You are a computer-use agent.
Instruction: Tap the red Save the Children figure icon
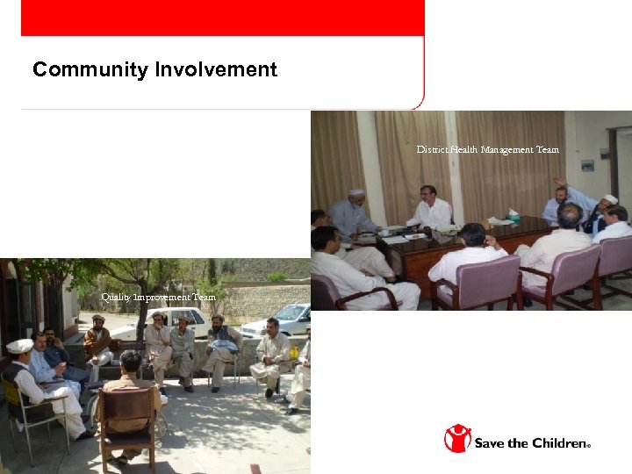point(456,438)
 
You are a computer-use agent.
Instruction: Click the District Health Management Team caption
point(487,150)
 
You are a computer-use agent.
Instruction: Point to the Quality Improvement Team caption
point(158,298)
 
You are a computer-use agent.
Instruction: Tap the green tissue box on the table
point(513,215)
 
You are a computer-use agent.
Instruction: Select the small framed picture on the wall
point(587,165)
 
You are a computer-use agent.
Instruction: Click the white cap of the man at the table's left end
point(355,192)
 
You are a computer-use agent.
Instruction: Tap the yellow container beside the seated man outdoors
point(295,353)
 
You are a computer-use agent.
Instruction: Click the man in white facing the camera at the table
point(428,209)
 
